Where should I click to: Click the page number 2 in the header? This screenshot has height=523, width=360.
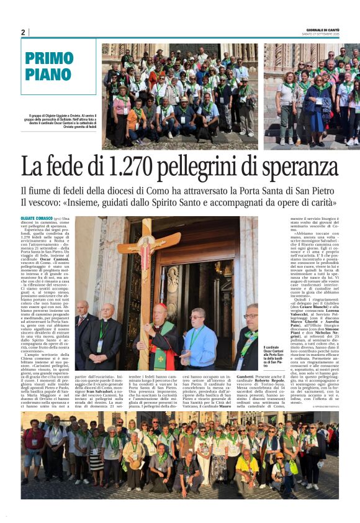(23, 32)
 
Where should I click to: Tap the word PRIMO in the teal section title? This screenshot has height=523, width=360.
(50, 59)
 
